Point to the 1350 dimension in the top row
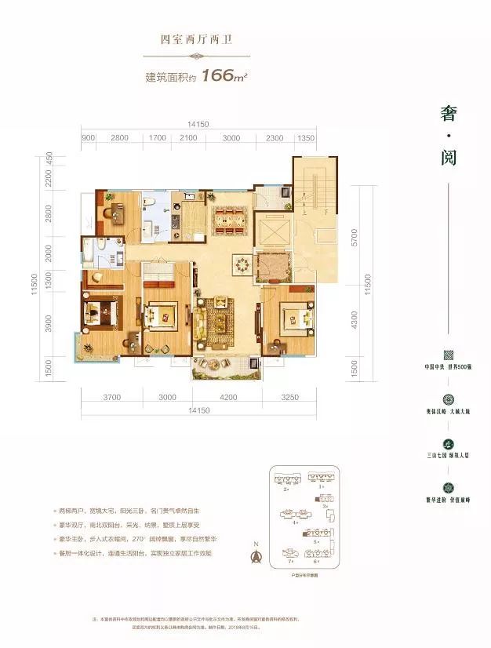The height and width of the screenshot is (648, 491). tap(306, 138)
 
